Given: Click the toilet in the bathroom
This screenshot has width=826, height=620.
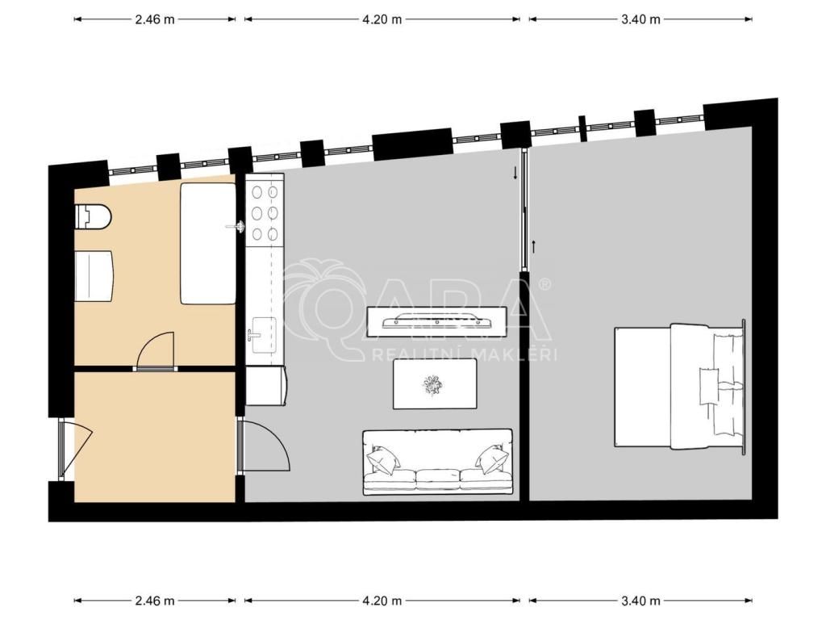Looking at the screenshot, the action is click(94, 216).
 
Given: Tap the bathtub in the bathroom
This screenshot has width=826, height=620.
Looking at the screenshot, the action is click(207, 243).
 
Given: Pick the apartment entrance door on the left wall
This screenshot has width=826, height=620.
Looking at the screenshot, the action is click(73, 448).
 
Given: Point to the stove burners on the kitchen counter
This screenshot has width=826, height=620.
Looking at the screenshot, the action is click(265, 213).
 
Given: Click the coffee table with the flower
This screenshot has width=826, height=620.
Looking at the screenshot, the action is click(435, 383).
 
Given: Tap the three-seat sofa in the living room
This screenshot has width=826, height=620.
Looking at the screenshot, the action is click(437, 463).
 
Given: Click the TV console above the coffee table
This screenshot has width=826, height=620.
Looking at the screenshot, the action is click(436, 321).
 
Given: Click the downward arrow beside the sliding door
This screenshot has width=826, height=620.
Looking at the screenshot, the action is click(515, 174).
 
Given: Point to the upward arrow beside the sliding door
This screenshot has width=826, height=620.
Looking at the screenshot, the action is click(535, 246).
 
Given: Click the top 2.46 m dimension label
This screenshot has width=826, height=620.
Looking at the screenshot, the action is click(155, 19).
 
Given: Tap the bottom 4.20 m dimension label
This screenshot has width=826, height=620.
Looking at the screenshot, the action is click(382, 601).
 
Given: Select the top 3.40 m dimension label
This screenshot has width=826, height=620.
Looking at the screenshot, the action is click(640, 19).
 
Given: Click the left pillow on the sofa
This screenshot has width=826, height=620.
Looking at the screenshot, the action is click(383, 459).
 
